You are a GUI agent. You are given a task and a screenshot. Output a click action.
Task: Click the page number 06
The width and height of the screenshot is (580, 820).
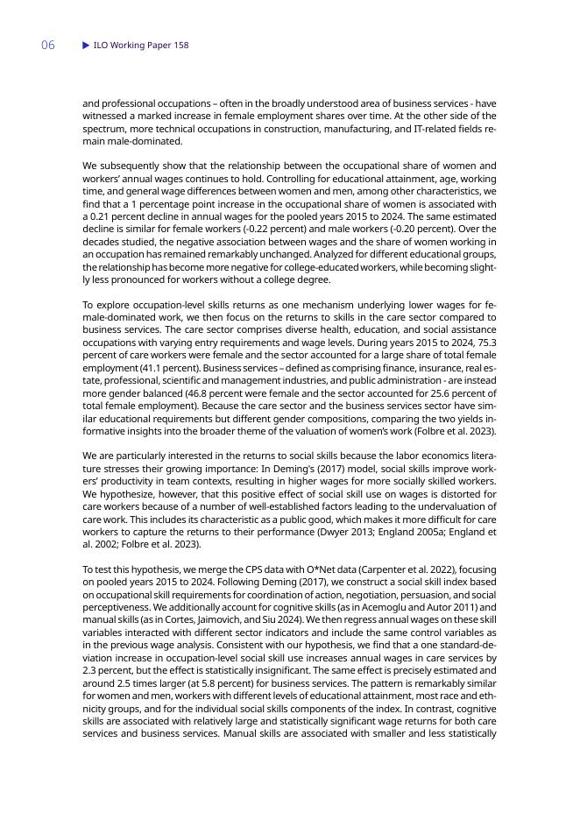tap(47, 46)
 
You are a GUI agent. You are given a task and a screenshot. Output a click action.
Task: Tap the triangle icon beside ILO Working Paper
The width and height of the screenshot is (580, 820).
tap(86, 46)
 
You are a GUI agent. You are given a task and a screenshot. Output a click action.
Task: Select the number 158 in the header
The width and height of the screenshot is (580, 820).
tap(180, 46)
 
